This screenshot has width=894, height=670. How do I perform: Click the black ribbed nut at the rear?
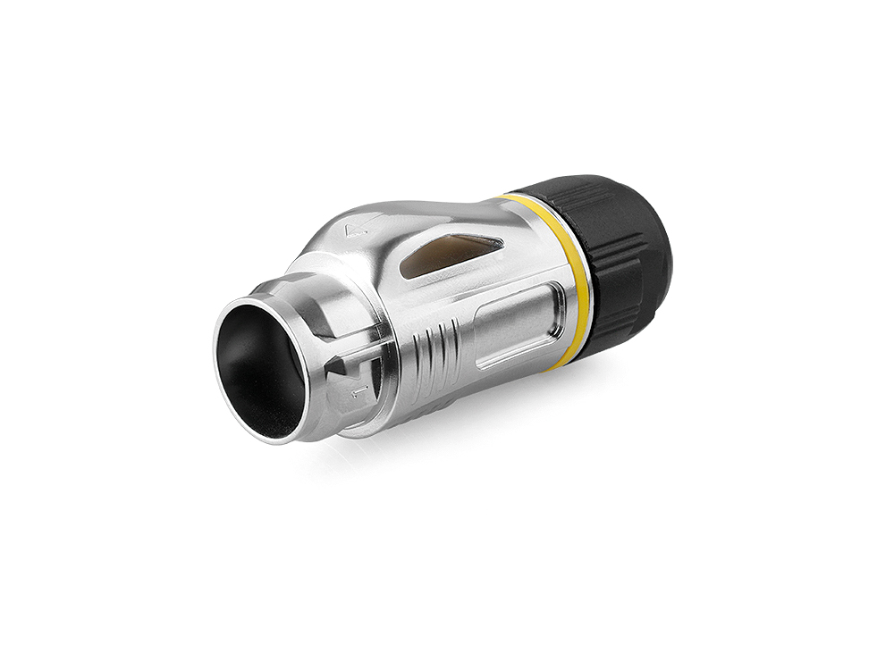coord(617,259)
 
